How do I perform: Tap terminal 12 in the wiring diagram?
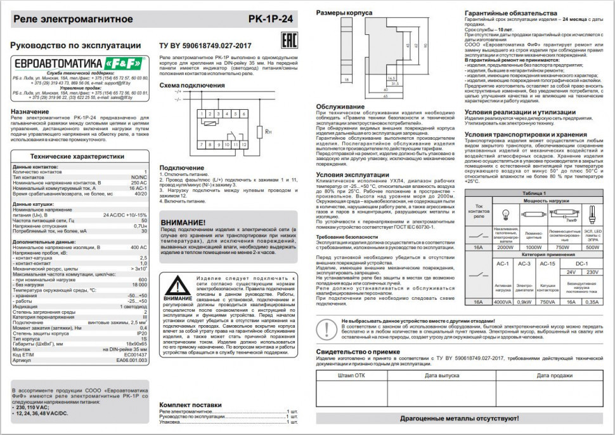(x=244, y=145)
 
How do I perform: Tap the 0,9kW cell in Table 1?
(x=524, y=302)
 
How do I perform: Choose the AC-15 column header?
(x=548, y=263)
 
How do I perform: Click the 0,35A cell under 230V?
(x=592, y=302)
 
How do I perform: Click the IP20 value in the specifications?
(x=142, y=333)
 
